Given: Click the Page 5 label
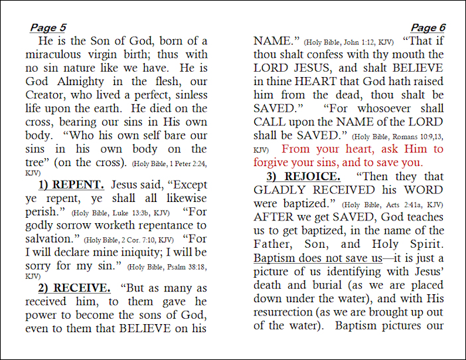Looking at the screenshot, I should (x=48, y=28).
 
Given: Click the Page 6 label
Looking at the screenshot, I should (x=428, y=28).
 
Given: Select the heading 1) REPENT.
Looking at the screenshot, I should (x=71, y=185).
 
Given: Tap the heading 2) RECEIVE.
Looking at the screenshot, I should (x=74, y=288).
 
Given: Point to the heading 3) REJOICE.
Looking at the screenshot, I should (x=303, y=177).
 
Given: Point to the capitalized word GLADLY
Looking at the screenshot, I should (x=282, y=191).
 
